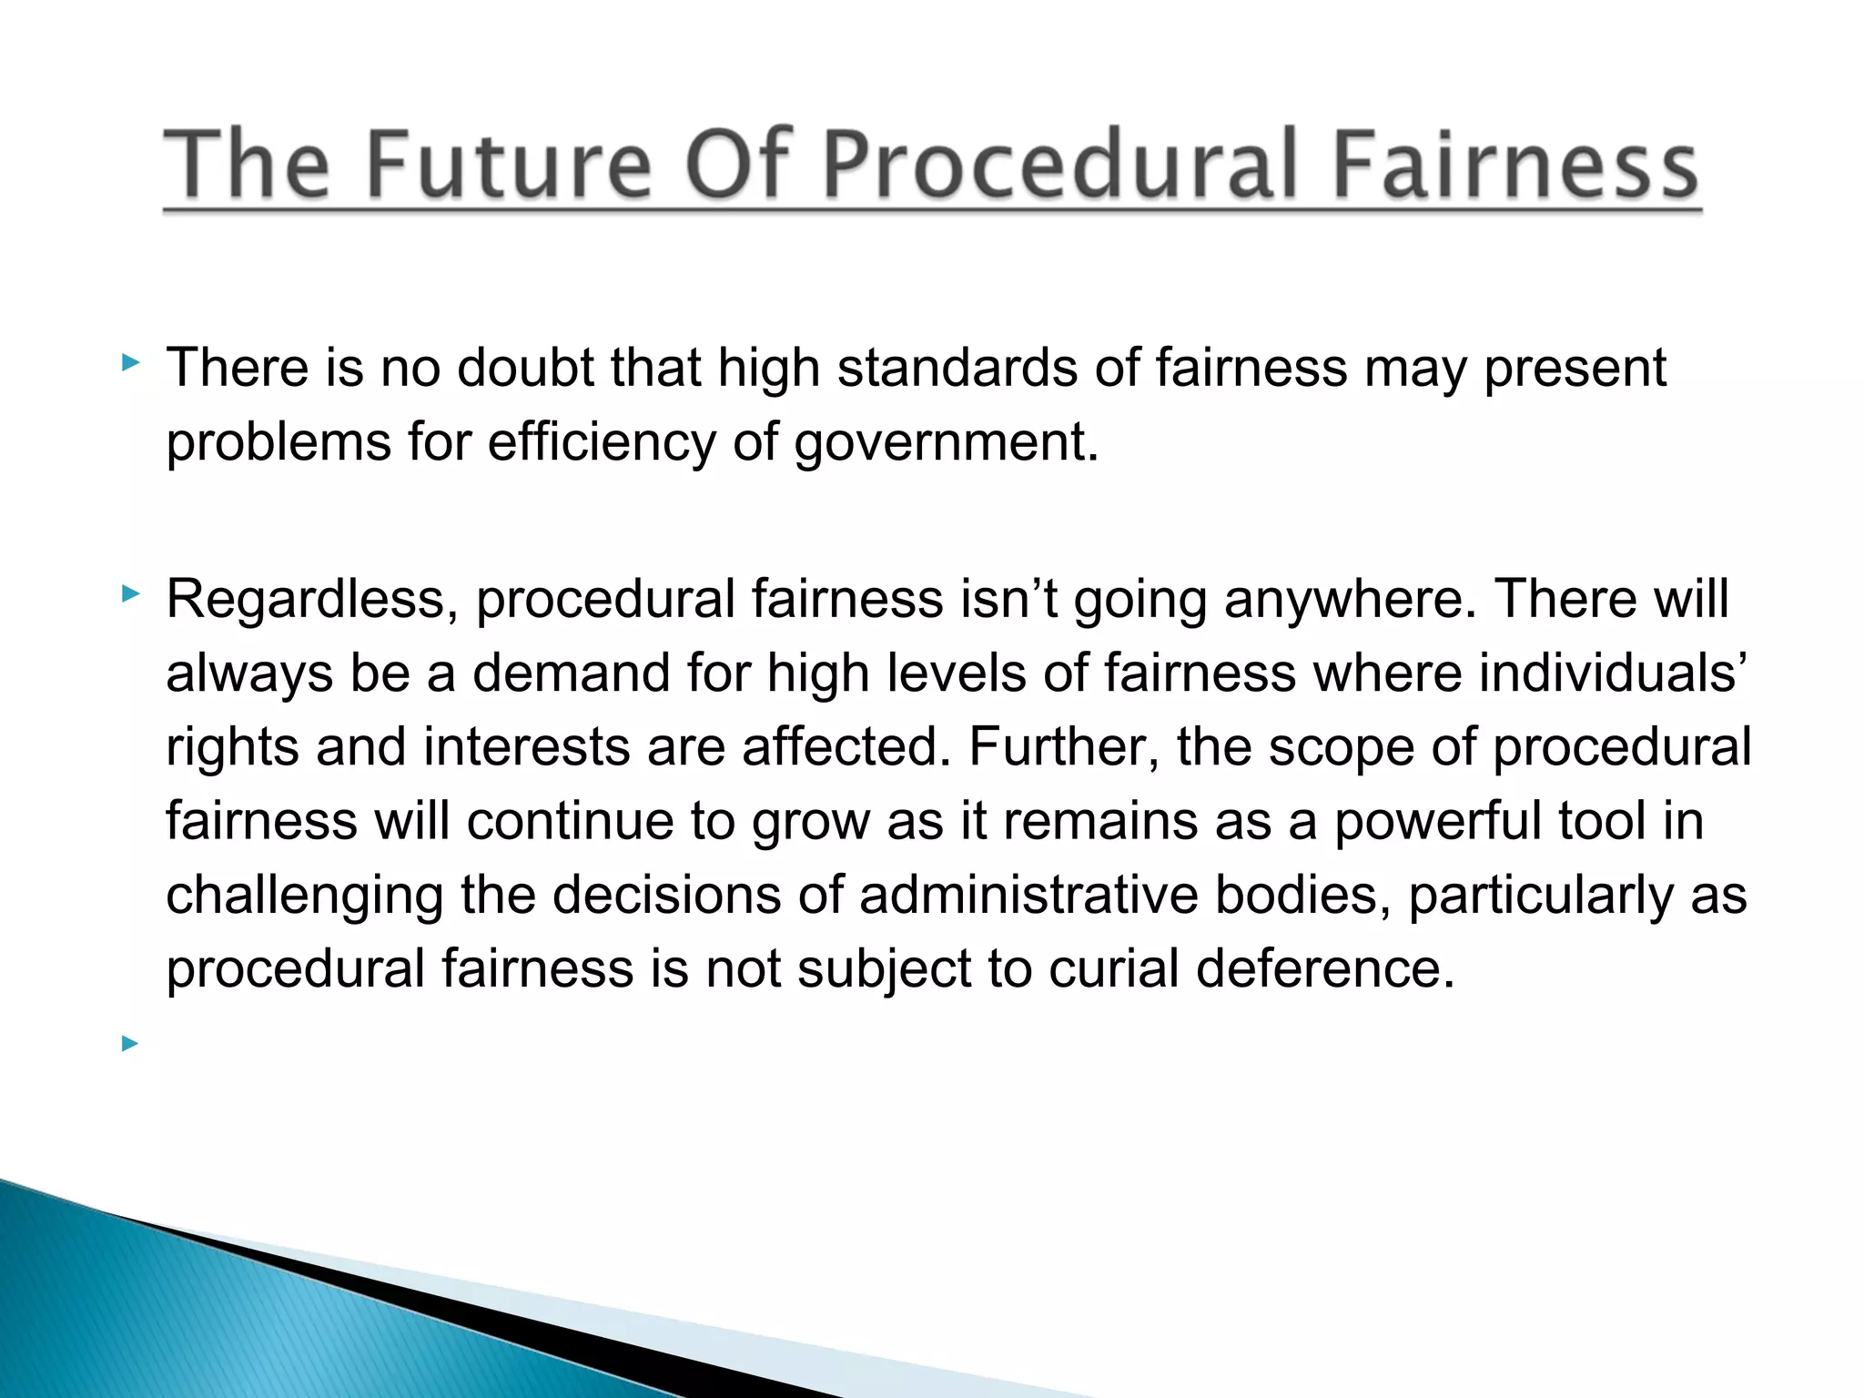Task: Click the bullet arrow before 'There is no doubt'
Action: (x=130, y=364)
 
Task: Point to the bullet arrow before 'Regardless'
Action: (x=130, y=595)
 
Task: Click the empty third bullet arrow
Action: (x=130, y=1043)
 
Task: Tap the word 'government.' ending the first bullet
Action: (x=947, y=442)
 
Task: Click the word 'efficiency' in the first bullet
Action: (x=602, y=442)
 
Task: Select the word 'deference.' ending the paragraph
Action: (x=1325, y=967)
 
